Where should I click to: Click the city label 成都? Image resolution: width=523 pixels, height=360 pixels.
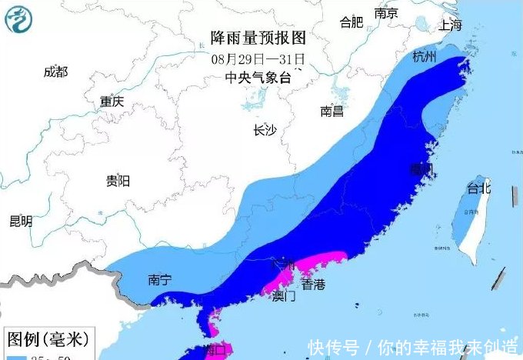coord(55,72)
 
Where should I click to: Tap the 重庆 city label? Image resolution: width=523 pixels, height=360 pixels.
coord(112,102)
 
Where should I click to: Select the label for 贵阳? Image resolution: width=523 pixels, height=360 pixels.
coord(118,181)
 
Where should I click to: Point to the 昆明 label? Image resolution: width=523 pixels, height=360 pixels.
coord(21,222)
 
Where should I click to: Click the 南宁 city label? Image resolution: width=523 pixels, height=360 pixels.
coord(159,280)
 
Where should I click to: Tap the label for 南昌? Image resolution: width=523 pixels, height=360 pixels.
coord(332,112)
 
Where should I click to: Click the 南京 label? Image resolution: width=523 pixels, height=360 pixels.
coord(386,14)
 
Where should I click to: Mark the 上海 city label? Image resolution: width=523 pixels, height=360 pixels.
coord(451,25)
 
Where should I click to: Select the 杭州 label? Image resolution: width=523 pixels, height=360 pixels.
coord(424,56)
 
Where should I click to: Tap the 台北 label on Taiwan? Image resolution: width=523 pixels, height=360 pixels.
coord(479,188)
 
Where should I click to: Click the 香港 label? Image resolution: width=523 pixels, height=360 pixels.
coord(313,285)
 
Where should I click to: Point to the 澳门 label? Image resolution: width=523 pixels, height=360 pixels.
coord(284,296)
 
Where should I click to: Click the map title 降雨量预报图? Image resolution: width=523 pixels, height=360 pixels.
coord(258,37)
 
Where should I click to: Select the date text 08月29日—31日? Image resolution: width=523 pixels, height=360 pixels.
coord(258,58)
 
